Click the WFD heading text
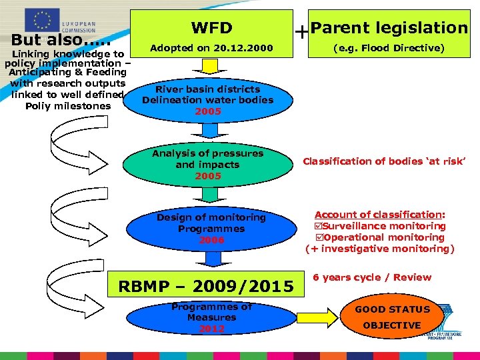click(211, 28)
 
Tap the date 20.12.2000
click(237, 48)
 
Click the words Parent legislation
click(389, 28)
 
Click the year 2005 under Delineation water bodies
click(207, 111)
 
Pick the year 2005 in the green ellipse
click(207, 176)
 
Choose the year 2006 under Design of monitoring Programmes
click(211, 240)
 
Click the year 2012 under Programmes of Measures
click(211, 329)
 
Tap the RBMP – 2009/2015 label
click(205, 287)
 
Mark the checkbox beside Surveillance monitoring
click(318, 226)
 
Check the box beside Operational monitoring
click(318, 237)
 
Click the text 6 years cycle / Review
click(372, 277)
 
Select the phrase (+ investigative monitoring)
click(379, 249)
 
